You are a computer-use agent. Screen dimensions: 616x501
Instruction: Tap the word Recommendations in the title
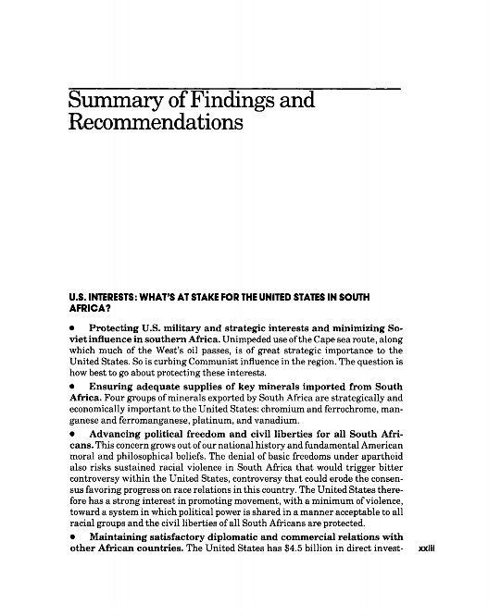155,123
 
